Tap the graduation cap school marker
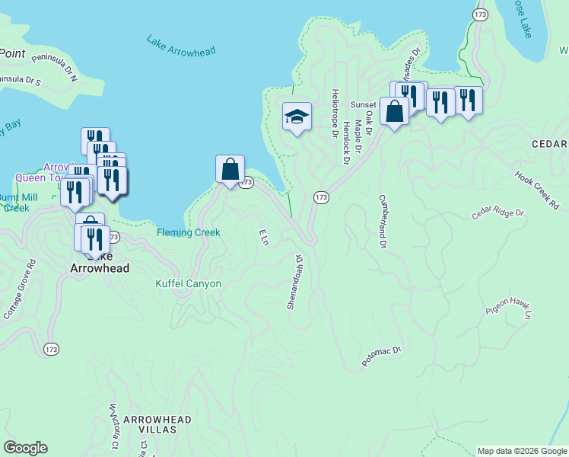coord(297,117)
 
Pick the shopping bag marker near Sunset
coord(395,113)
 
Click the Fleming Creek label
coord(189,232)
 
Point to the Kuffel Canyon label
coord(189,284)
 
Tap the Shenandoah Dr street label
coord(294,282)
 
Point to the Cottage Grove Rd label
coord(20,290)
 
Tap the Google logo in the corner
coord(25,448)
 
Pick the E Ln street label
coord(264,237)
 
